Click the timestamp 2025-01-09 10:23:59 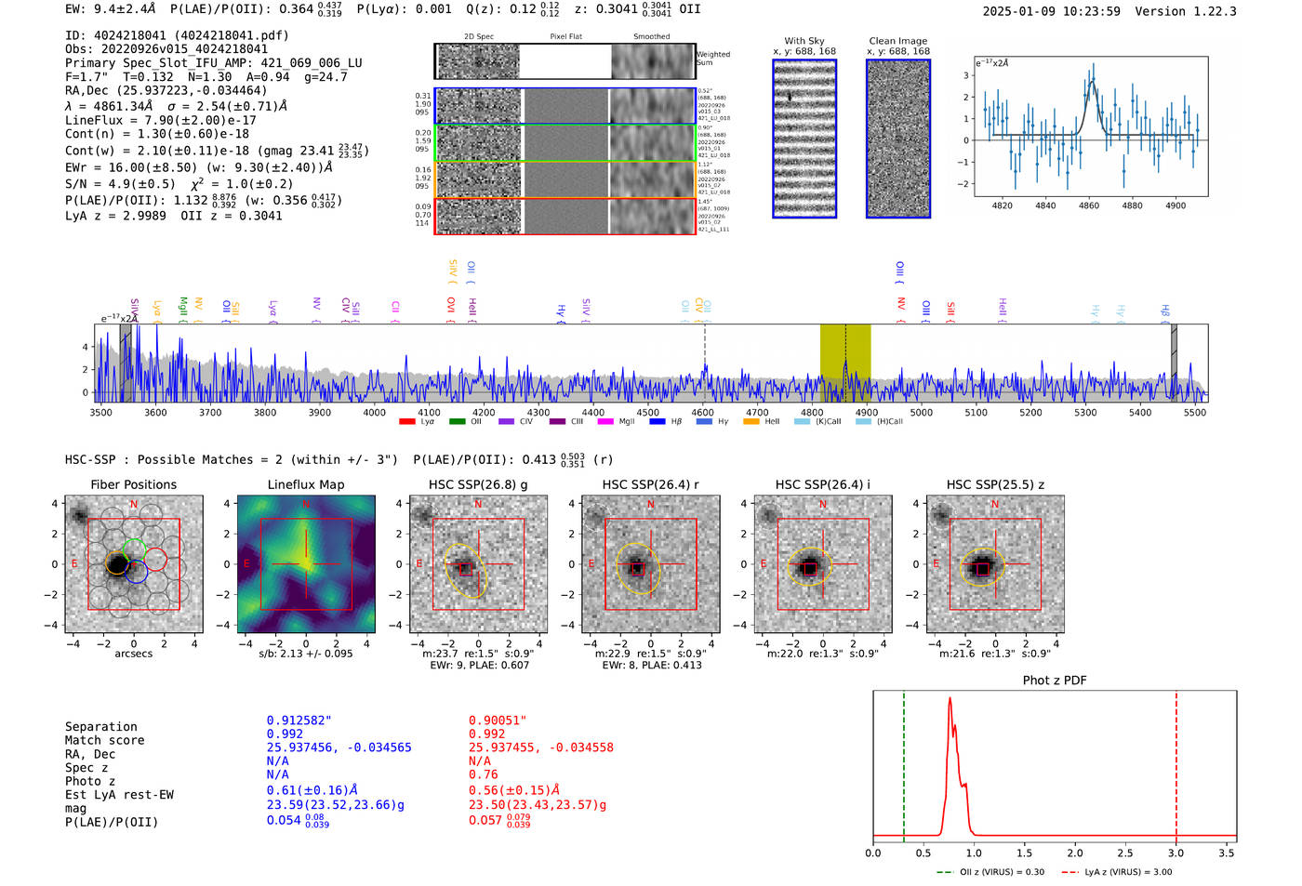coord(1051,12)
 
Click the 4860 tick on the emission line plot coord(1089,205)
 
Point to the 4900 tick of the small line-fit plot coord(1176,205)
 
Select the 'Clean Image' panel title coord(897,41)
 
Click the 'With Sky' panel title coord(804,41)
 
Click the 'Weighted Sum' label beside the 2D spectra coord(713,59)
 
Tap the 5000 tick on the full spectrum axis coord(921,412)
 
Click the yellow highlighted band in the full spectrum coord(844,363)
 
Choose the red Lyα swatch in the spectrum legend coord(407,422)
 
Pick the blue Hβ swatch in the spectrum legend coord(658,422)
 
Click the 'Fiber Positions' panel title coord(133,484)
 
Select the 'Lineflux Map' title coord(305,484)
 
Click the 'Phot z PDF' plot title coord(1055,681)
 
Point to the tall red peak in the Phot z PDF coord(950,707)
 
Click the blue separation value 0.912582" coord(299,721)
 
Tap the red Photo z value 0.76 coord(483,774)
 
